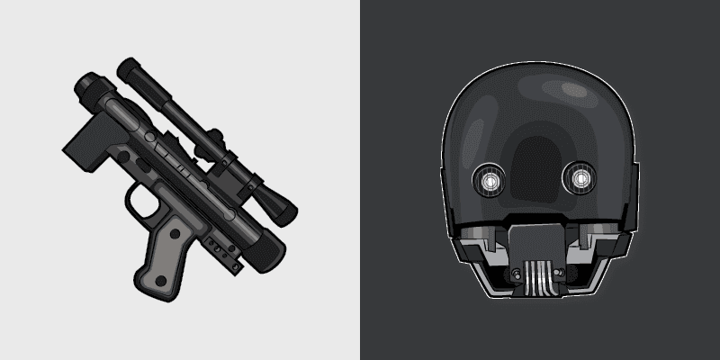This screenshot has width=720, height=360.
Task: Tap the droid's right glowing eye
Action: tap(577, 181)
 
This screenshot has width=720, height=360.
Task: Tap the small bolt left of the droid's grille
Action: tap(516, 272)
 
